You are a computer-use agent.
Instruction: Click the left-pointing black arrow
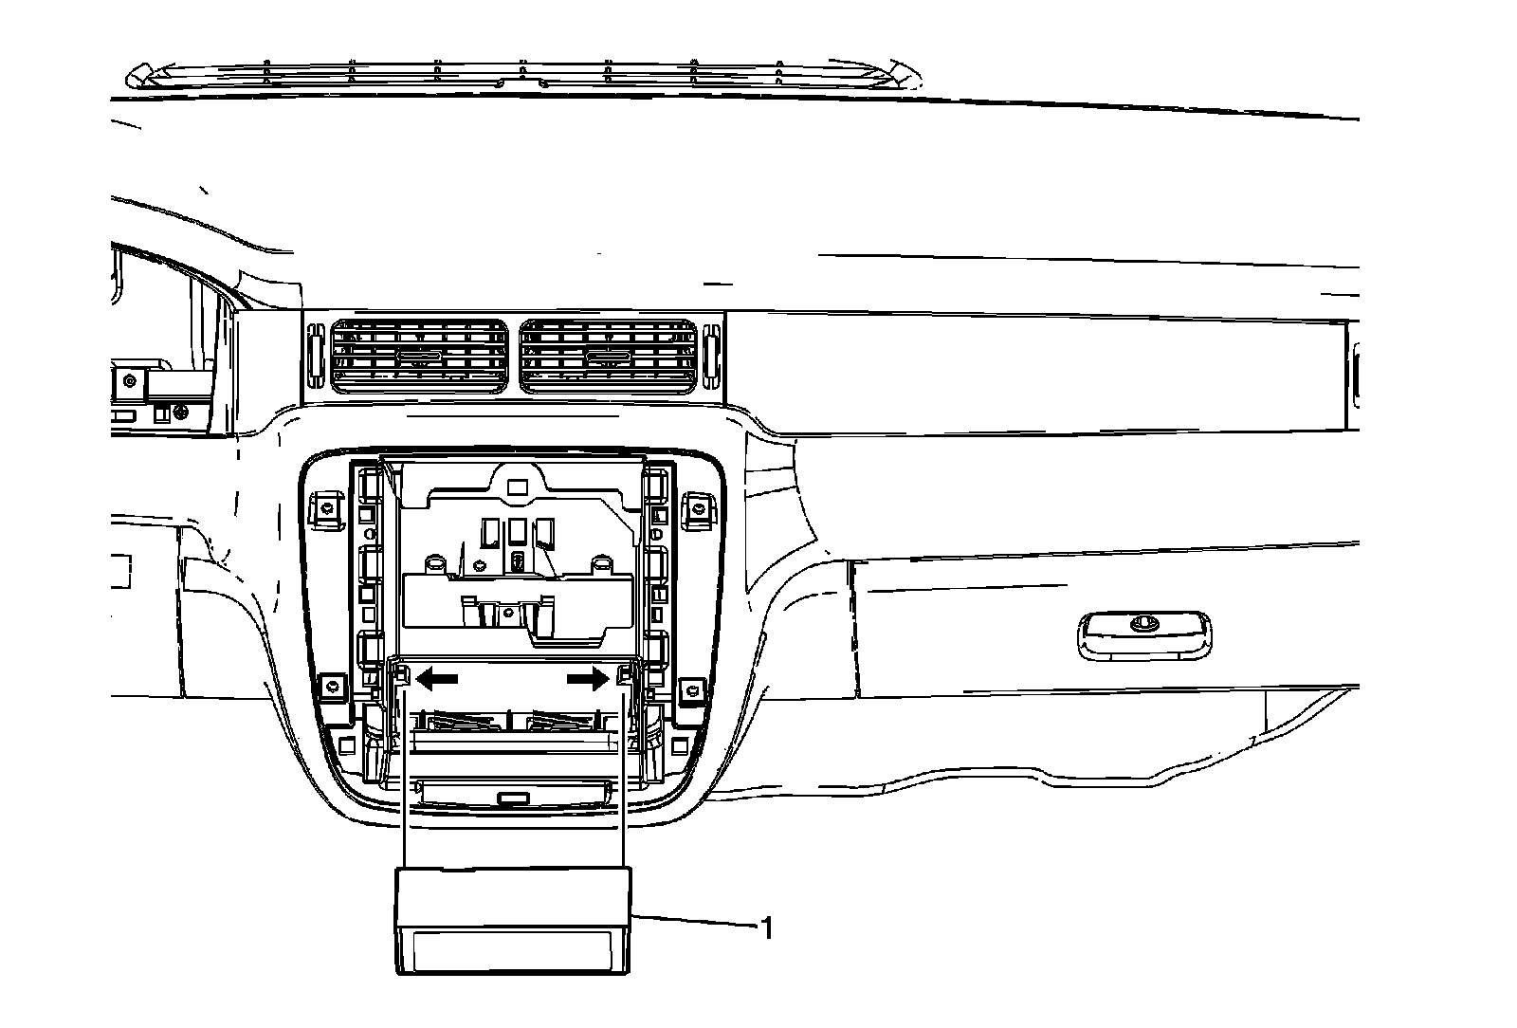point(437,678)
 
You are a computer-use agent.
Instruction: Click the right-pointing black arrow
point(588,678)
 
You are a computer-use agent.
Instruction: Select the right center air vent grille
point(609,357)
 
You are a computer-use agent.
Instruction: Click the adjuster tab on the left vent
point(417,358)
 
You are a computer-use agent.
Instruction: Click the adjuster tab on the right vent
point(606,358)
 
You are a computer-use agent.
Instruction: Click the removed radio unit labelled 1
point(512,920)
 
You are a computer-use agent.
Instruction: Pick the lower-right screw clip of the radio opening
point(693,689)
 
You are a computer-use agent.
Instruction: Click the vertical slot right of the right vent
point(714,358)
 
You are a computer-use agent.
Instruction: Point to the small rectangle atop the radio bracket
point(517,486)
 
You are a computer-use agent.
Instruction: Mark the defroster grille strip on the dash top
point(521,74)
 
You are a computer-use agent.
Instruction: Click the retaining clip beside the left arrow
point(400,675)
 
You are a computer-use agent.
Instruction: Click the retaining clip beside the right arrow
point(624,675)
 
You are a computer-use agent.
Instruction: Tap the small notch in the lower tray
point(513,799)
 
